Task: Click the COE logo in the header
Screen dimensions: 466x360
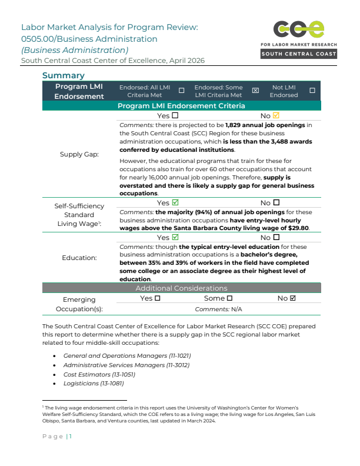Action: [x=298, y=29]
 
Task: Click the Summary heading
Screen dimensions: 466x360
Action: [x=64, y=75]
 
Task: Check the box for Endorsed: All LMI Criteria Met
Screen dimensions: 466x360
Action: [x=181, y=91]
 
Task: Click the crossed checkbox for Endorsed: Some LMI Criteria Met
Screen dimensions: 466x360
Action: [x=255, y=91]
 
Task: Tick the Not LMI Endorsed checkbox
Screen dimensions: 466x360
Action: [x=312, y=91]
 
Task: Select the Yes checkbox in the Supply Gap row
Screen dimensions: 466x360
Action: [x=175, y=116]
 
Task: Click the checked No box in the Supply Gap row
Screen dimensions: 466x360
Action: [x=276, y=116]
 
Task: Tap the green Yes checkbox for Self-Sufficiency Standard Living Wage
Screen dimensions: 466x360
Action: [x=175, y=203]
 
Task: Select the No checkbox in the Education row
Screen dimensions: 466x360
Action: [x=276, y=238]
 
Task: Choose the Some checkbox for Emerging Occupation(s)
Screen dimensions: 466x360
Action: [x=229, y=298]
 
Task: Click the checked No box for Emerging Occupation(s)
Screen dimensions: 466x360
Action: [x=292, y=298]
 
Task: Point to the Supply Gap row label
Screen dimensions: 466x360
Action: [x=79, y=155]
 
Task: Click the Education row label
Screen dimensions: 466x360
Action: [x=79, y=258]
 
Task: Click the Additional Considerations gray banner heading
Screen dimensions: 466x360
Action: [x=181, y=288]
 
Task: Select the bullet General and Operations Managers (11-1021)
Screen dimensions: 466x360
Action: [x=127, y=355]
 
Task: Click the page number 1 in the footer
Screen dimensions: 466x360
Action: [x=70, y=436]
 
